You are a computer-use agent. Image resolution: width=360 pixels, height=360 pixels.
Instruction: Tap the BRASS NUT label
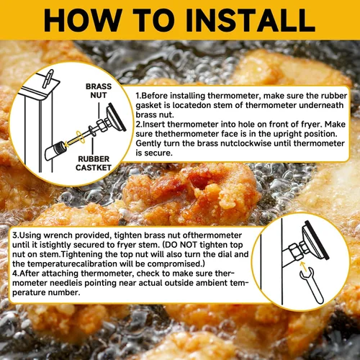[99, 91]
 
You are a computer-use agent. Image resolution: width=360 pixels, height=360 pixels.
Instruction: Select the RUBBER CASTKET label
[94, 163]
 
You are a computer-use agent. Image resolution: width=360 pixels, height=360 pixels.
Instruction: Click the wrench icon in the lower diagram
[311, 286]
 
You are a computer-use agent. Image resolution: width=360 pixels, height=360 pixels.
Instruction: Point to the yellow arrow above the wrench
[303, 266]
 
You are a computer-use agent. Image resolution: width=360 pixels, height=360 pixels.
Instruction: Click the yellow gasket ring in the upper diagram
[81, 138]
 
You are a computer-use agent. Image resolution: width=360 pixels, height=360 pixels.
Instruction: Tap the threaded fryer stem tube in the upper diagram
[55, 150]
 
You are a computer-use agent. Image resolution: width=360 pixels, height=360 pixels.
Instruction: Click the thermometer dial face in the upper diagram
[116, 117]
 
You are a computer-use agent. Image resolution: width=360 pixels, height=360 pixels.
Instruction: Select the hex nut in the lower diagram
[295, 251]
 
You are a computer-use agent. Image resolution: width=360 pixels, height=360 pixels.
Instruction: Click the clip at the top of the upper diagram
[48, 78]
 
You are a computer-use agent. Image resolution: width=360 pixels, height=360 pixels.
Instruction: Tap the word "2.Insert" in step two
[150, 125]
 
